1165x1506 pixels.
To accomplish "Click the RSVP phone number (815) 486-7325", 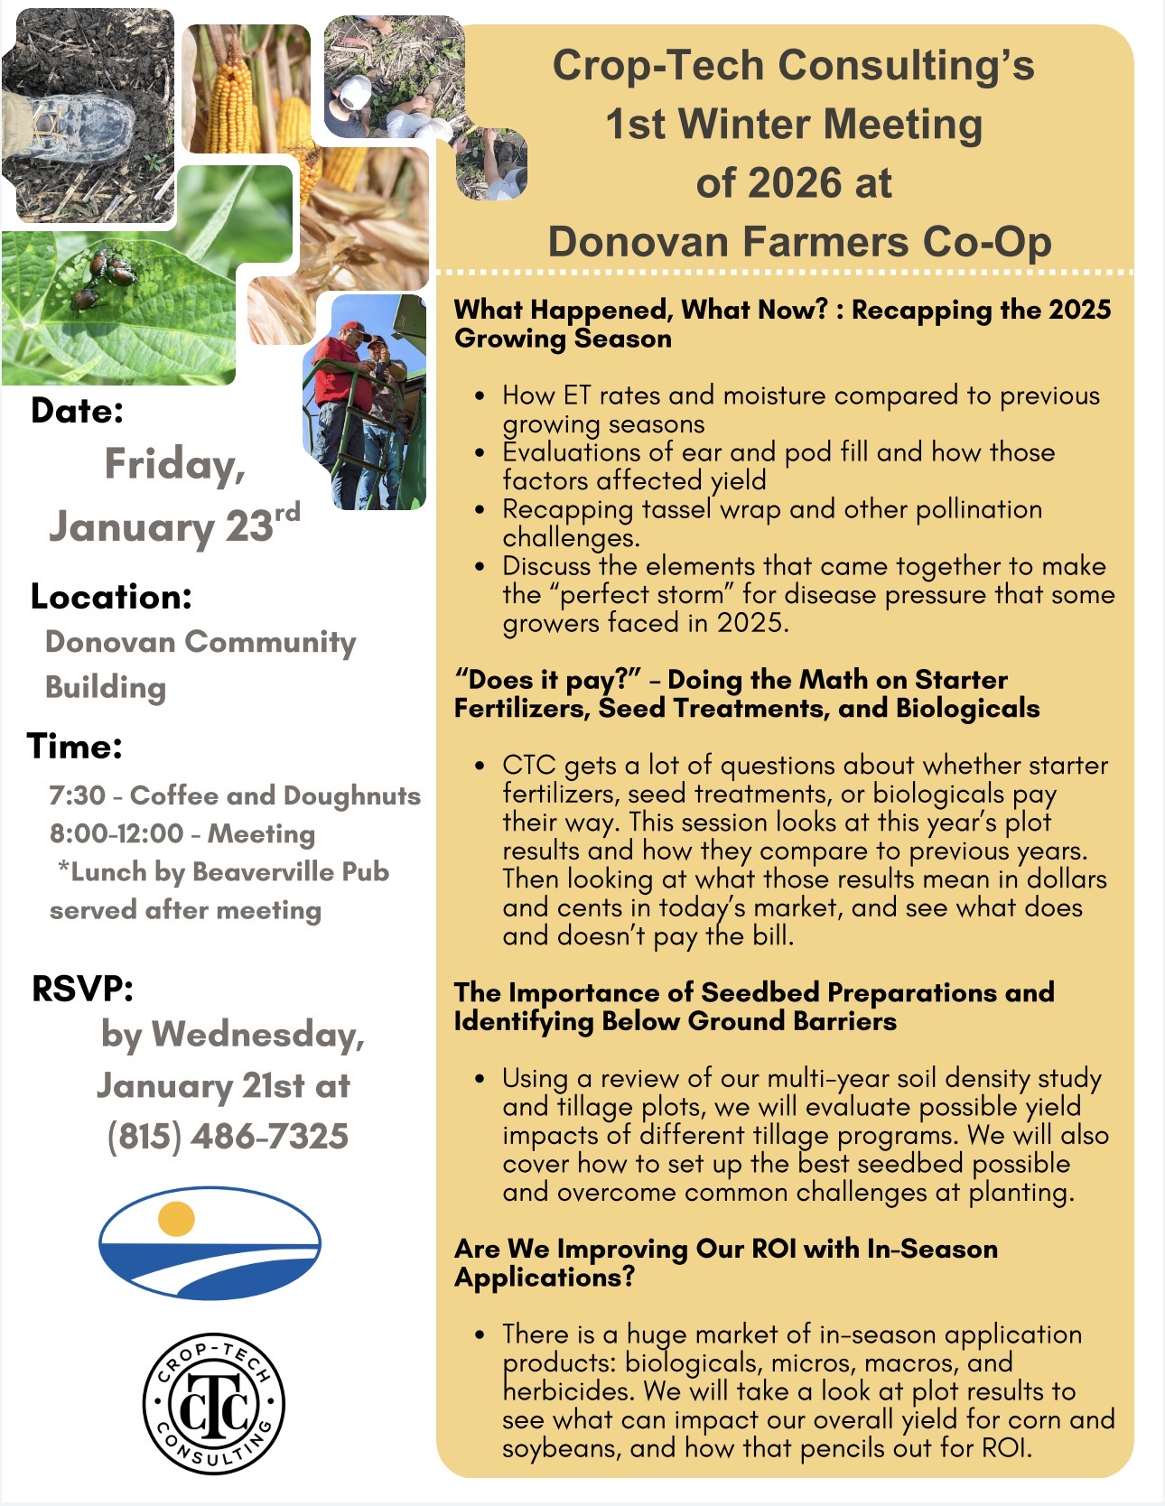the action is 228,1136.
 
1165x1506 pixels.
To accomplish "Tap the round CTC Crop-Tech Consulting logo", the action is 214,1404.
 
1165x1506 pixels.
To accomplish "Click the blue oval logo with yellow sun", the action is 210,1243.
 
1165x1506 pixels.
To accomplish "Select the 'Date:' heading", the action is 78,411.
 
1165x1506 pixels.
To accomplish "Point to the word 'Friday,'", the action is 175,465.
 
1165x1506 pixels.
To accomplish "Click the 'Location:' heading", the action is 111,597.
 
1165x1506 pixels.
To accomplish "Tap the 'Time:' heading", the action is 75,747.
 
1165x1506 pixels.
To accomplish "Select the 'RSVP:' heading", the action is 82,989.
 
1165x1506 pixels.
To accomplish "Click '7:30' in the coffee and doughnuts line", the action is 78,795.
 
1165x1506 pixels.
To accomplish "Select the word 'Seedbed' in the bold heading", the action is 760,992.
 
